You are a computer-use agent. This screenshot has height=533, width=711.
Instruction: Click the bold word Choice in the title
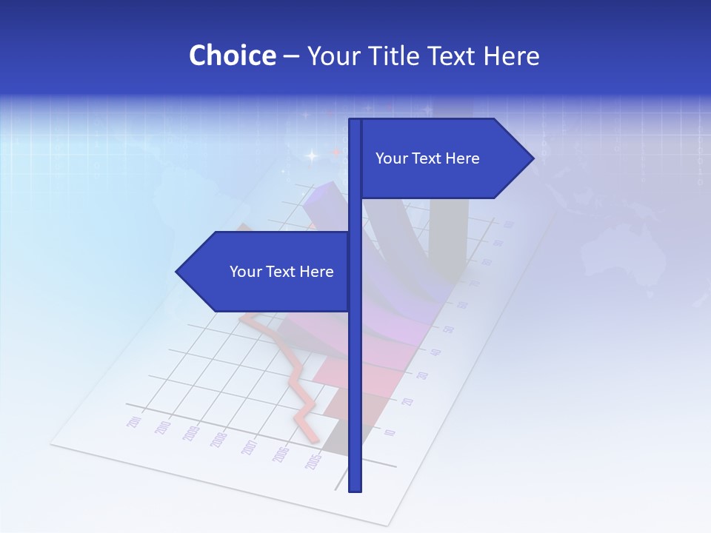coord(232,56)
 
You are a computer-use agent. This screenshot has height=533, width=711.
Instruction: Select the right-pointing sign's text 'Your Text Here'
coord(427,158)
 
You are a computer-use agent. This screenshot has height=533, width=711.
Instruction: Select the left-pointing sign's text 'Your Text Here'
coord(281,272)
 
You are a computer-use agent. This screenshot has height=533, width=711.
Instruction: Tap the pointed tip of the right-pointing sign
coord(533,158)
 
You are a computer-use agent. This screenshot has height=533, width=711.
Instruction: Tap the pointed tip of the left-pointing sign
coord(177,272)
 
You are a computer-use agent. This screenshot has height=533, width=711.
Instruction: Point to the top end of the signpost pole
coord(355,120)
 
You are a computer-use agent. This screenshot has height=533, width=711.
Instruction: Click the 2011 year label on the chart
coord(135,422)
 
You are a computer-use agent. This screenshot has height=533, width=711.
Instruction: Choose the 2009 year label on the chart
coord(191,435)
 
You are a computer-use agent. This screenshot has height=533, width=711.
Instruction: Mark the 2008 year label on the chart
coord(219,440)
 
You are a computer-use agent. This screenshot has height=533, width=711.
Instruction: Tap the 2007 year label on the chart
coord(250,447)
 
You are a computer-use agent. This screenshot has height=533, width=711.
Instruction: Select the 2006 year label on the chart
coord(281,455)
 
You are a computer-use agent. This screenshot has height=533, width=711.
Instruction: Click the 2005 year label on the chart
coord(313,462)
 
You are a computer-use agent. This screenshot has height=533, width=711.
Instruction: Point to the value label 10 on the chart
coord(390,433)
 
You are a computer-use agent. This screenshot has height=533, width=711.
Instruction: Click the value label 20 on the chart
coord(407,402)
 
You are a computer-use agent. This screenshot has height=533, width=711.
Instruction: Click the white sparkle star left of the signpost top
coord(311,156)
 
